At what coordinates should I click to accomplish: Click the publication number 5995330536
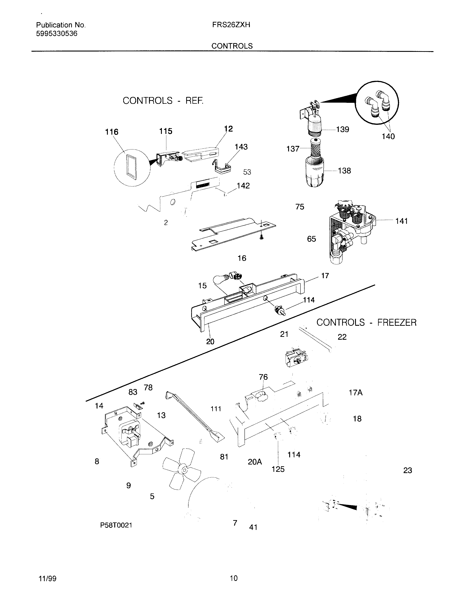[57, 34]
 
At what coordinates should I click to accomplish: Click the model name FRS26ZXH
[231, 25]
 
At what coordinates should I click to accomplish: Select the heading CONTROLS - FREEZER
[366, 323]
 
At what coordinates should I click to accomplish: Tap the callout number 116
[112, 132]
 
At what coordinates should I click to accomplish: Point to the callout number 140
[388, 137]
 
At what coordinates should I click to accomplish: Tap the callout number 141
[402, 221]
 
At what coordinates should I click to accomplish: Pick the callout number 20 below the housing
[210, 342]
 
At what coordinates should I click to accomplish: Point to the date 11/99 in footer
[48, 578]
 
